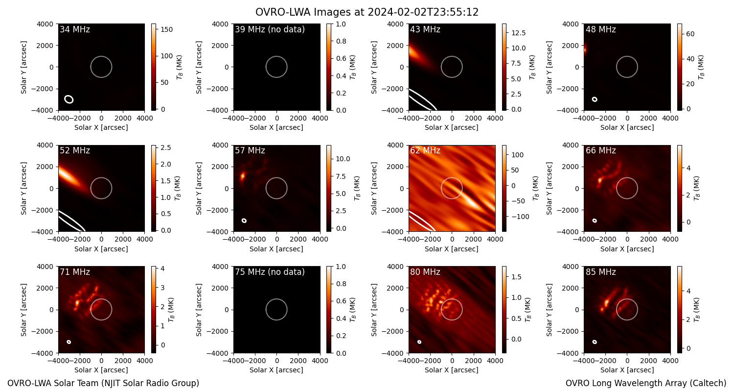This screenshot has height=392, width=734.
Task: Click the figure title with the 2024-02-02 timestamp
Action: coord(367,12)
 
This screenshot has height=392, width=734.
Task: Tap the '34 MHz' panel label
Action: coord(75,29)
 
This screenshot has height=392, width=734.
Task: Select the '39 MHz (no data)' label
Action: coord(270,29)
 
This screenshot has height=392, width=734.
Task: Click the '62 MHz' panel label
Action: coord(425,150)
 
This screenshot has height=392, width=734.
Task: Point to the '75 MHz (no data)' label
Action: coord(270,272)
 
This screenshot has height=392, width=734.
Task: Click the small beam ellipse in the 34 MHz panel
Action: coord(69,99)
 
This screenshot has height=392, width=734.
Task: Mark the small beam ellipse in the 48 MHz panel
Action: coord(595,99)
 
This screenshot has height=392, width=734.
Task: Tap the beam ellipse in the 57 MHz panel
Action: coord(244,220)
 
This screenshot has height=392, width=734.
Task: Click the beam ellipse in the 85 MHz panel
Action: coord(595,342)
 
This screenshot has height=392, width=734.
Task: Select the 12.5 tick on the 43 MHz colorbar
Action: coord(518,33)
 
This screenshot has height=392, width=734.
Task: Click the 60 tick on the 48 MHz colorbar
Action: coord(690,34)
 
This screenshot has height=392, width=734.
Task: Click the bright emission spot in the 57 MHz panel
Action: coord(243,176)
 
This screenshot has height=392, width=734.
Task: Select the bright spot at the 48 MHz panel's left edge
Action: coord(585,50)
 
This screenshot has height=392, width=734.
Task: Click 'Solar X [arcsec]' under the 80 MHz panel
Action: coord(452,370)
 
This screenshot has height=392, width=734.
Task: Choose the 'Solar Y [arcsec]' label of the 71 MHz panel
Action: coord(23,310)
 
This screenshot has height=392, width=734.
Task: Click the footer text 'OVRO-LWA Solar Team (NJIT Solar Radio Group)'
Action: coord(103,383)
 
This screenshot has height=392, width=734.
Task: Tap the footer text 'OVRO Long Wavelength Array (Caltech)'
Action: coord(646,383)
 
